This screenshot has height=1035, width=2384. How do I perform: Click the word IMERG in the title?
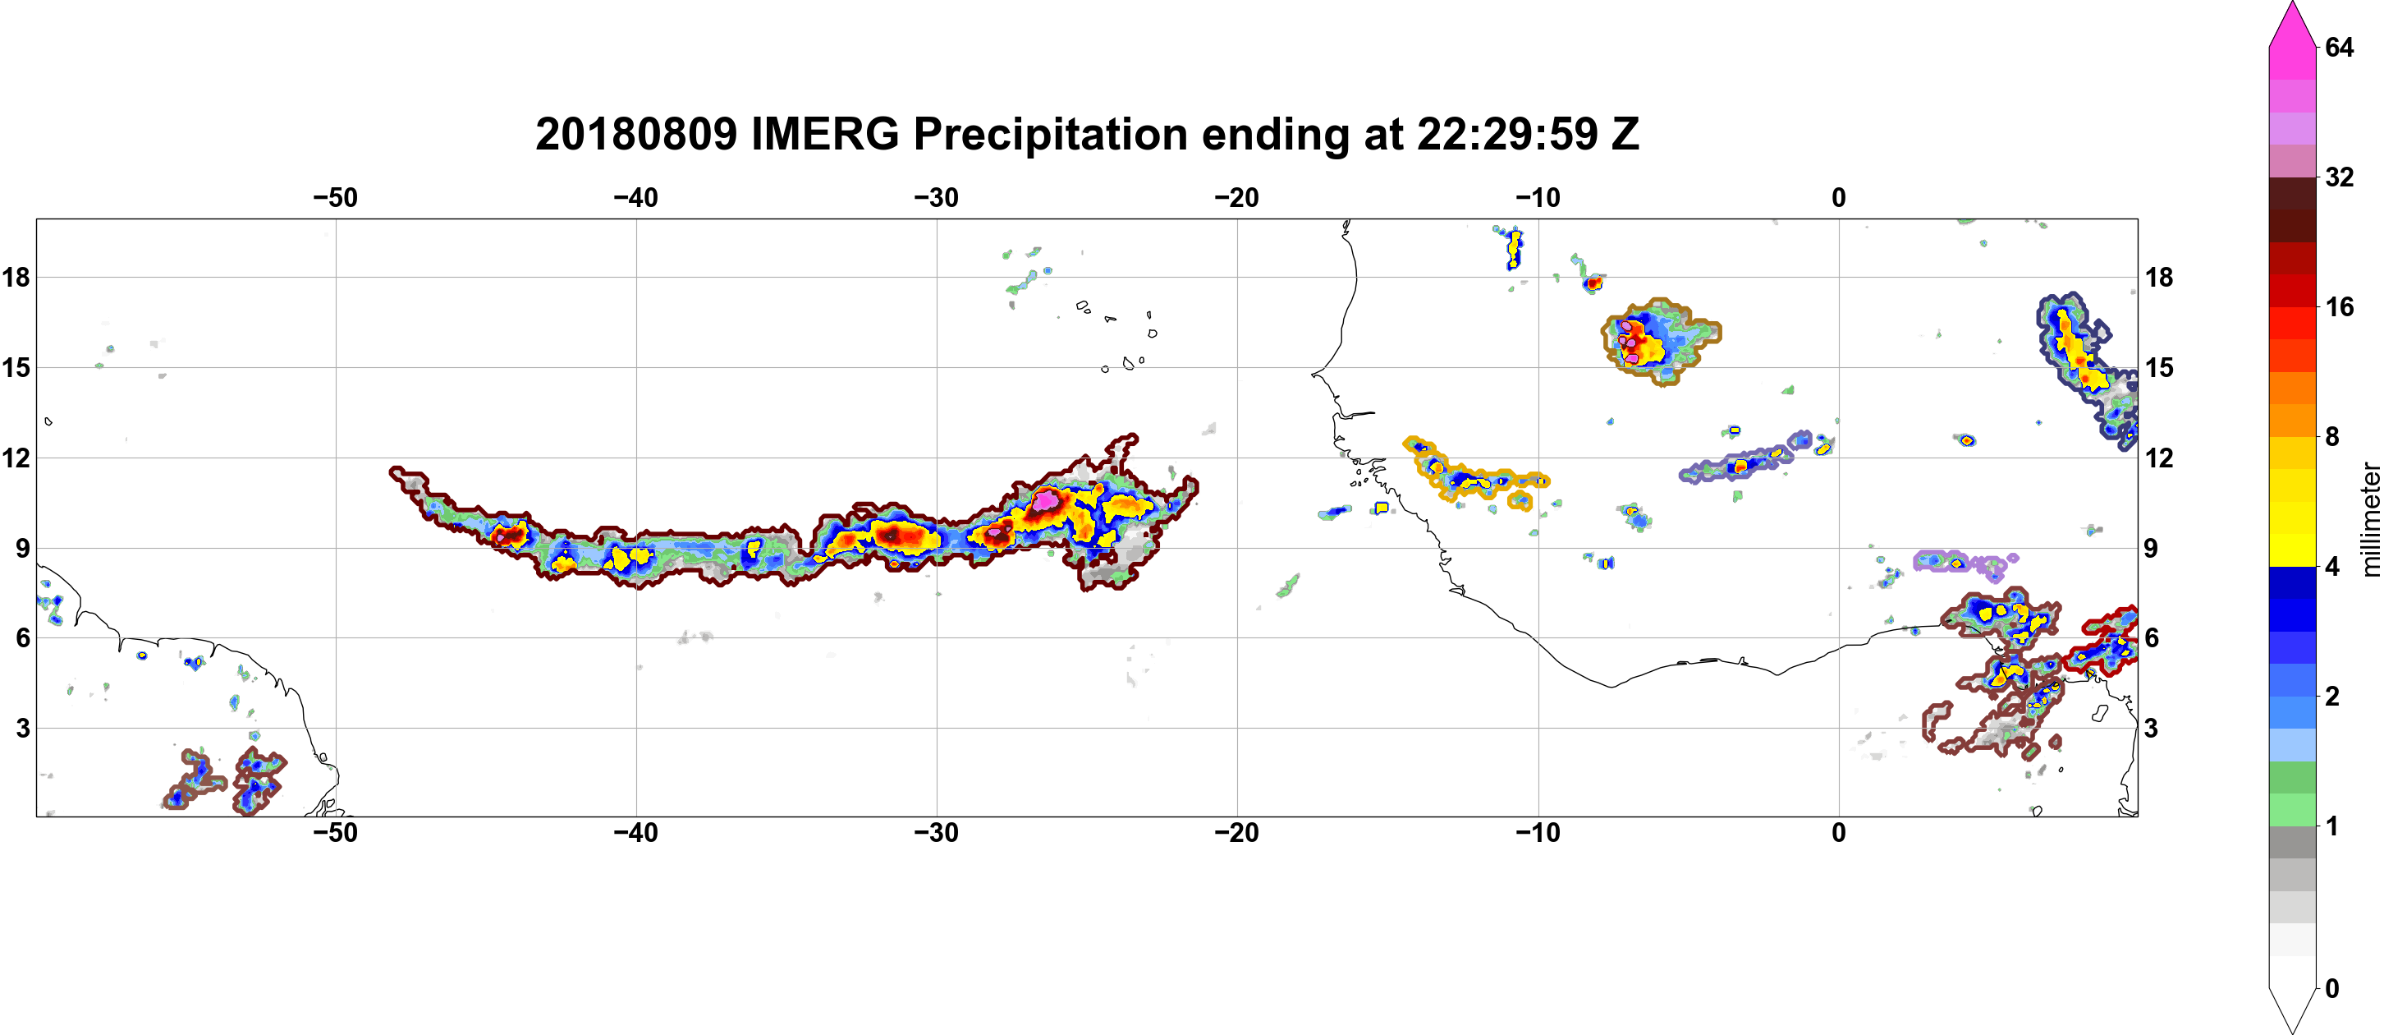[824, 134]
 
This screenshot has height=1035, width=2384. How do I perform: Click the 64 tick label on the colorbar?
[2339, 47]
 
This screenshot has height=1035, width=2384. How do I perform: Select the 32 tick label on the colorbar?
[2339, 177]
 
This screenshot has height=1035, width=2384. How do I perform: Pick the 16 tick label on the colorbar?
[2339, 307]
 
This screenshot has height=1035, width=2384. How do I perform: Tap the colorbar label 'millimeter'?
[2370, 519]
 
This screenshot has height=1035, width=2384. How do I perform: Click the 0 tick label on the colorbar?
[2332, 989]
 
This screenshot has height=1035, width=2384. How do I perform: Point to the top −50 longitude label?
[335, 198]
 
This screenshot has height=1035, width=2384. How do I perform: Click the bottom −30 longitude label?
[937, 833]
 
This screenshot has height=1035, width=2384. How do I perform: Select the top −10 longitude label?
[1538, 198]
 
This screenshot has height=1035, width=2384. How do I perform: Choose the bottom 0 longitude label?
[1839, 833]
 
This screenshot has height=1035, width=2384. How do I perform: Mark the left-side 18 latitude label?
[16, 277]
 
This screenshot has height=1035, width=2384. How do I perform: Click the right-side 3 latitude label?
[2151, 729]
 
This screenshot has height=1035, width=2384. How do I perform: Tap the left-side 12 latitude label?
[16, 458]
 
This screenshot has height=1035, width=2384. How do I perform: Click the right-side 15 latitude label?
[2159, 367]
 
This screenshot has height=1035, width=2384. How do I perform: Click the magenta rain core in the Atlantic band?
[1045, 500]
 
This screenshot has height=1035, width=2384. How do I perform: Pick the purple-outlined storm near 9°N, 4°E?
[1965, 562]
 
